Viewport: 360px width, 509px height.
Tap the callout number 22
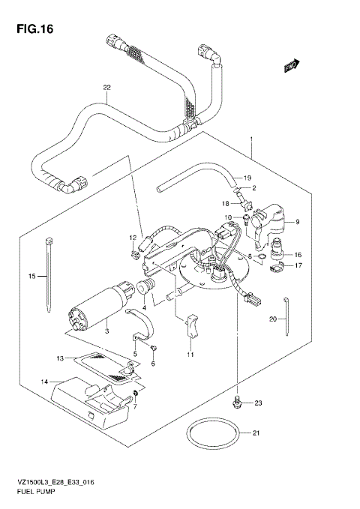pyautogui.click(x=106, y=87)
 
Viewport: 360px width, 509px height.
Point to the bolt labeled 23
pyautogui.click(x=238, y=403)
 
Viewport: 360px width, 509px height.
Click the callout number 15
pyautogui.click(x=32, y=277)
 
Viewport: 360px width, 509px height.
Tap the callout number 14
pyautogui.click(x=44, y=382)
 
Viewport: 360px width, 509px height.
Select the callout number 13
pyautogui.click(x=61, y=358)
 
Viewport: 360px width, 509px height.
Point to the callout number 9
pyautogui.click(x=297, y=222)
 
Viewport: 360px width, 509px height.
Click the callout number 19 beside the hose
pyautogui.click(x=246, y=177)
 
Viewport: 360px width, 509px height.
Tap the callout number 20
pyautogui.click(x=274, y=319)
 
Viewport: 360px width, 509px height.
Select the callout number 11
pyautogui.click(x=189, y=354)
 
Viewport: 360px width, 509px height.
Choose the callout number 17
pyautogui.click(x=297, y=265)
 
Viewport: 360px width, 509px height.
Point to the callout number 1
pyautogui.click(x=251, y=139)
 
